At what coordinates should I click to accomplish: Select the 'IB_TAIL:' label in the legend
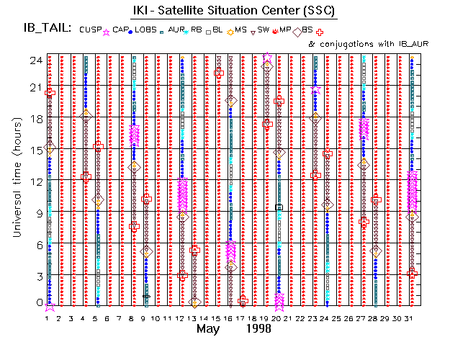48,29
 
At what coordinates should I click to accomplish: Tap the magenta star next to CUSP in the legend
107,32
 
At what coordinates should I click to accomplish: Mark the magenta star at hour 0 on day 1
50,306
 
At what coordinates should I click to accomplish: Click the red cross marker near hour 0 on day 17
243,301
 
